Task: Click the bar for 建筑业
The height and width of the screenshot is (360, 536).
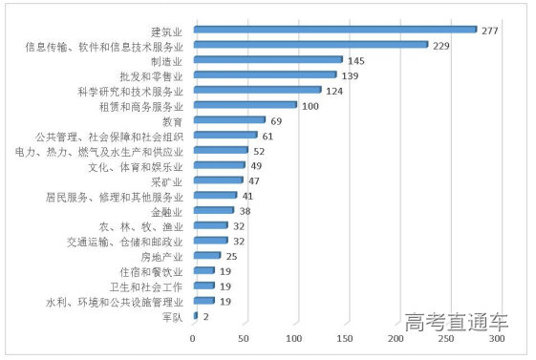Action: coord(334,30)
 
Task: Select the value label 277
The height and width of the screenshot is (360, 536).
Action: coord(491,30)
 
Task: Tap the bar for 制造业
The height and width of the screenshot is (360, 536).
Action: coord(268,59)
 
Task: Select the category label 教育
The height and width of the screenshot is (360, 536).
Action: coord(173,120)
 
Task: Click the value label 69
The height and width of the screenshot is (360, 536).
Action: coord(277,120)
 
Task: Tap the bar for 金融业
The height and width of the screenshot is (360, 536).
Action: coord(213,210)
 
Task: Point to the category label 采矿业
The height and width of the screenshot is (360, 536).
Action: coord(166,180)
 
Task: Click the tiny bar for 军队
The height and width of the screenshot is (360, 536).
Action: coord(195,315)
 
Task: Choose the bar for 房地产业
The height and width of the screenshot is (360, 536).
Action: coord(206,255)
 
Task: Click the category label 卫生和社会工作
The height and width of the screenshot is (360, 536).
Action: coord(146,286)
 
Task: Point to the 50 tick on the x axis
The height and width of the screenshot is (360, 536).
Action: coord(244,339)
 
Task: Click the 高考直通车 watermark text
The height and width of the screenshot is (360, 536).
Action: coord(456,321)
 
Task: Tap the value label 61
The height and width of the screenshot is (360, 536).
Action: coord(268,136)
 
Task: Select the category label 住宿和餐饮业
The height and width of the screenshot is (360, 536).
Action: coord(152,270)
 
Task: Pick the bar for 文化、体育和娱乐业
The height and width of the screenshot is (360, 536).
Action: coord(219,165)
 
